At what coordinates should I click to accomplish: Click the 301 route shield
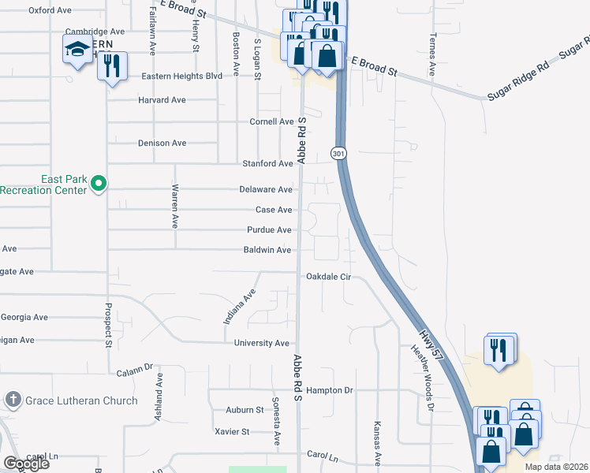point(338,152)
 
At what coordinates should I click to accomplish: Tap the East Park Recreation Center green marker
point(99,184)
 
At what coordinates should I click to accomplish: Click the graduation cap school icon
point(77,50)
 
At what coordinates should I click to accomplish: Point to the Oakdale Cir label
point(327,277)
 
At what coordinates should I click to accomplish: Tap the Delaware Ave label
point(267,190)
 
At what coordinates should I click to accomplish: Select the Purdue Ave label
point(270,230)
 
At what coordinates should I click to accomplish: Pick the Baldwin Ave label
point(268,250)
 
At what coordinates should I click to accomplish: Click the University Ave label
point(262,344)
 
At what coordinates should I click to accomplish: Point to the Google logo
point(25,463)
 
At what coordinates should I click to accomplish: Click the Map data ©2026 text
point(556,467)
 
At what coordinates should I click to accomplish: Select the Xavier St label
point(232,432)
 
